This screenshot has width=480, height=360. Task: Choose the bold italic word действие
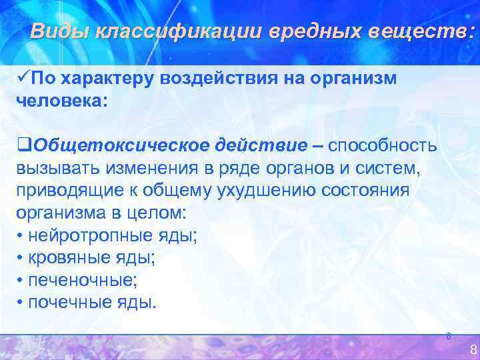pyautogui.click(x=260, y=145)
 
